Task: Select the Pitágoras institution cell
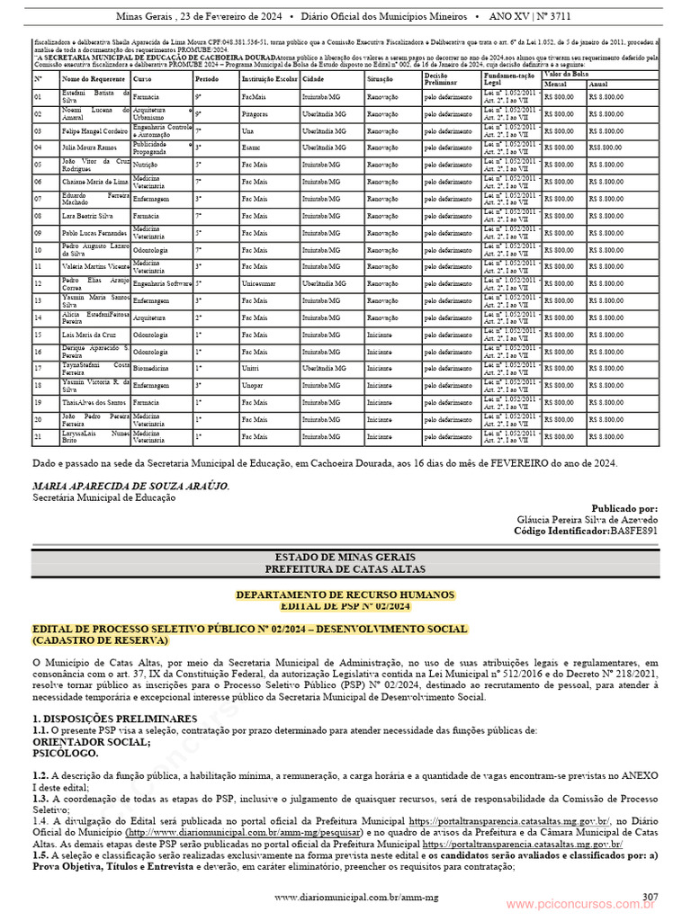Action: (x=255, y=114)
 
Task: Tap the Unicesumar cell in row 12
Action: (x=259, y=283)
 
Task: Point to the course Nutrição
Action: (x=146, y=165)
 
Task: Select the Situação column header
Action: (x=381, y=79)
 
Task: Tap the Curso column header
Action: (x=142, y=79)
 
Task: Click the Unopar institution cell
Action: (x=254, y=385)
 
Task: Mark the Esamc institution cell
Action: (x=252, y=148)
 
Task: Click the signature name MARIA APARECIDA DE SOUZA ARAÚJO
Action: (x=130, y=486)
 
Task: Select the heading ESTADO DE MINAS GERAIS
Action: (x=345, y=558)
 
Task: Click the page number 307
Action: (x=650, y=896)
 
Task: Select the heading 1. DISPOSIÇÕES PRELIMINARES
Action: (x=114, y=719)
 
